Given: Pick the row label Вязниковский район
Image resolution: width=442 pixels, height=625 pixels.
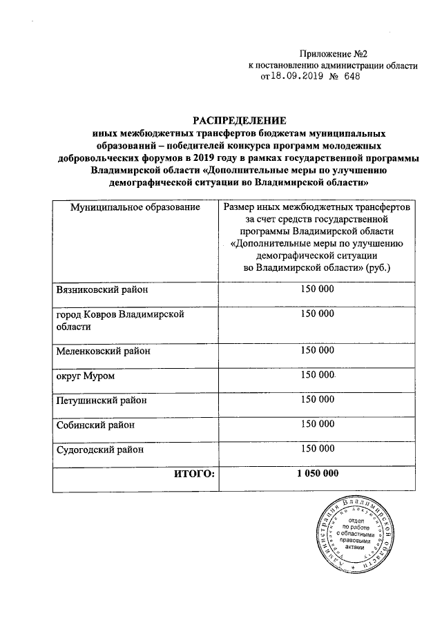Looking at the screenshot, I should tap(102, 290).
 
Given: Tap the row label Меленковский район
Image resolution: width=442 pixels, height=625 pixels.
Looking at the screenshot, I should tap(103, 351).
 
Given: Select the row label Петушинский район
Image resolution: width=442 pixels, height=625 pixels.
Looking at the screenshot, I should tap(102, 400).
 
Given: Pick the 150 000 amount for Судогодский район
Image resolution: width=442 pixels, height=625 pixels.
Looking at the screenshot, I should tap(317, 449).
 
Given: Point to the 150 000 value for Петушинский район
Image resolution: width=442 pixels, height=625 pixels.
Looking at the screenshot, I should tap(317, 399).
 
